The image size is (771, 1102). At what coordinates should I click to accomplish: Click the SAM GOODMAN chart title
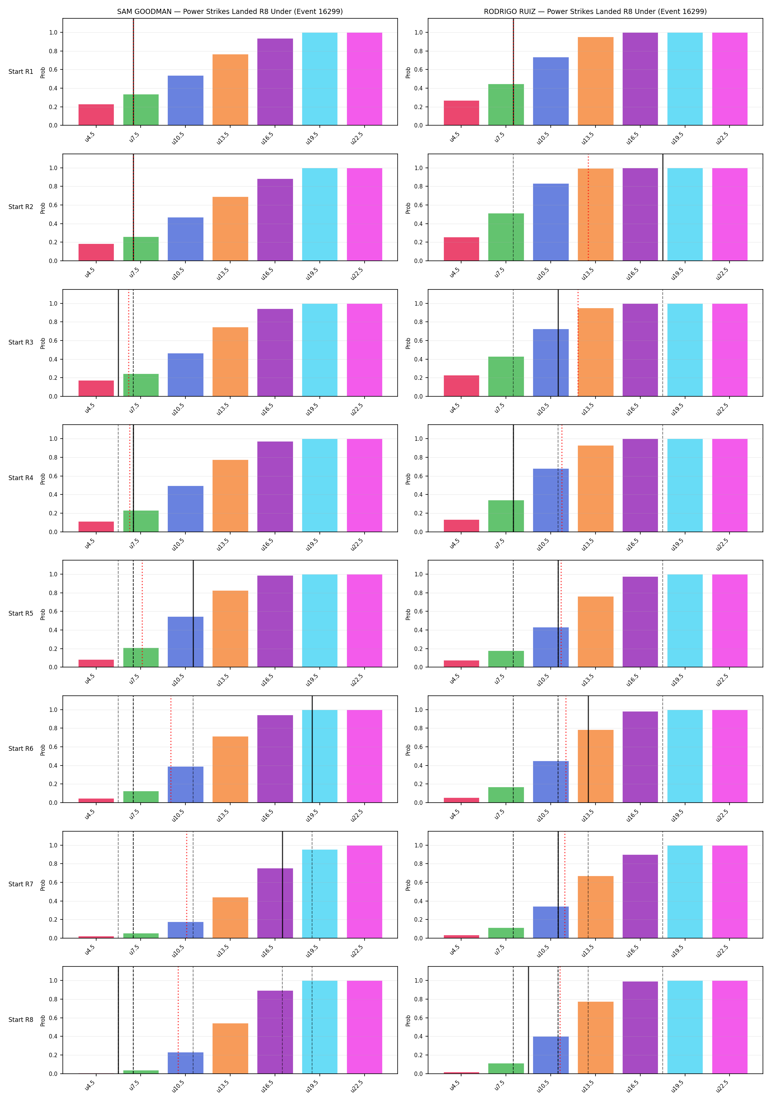coord(230,11)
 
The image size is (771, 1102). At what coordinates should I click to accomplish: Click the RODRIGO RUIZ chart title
coord(595,11)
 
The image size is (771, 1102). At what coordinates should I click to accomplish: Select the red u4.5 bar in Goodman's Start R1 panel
coord(97,115)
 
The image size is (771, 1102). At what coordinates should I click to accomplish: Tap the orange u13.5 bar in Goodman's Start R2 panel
coord(230,229)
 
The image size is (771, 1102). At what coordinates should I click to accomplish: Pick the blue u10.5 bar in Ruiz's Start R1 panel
coord(551,91)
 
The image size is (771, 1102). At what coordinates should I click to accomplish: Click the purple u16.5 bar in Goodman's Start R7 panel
coord(275,903)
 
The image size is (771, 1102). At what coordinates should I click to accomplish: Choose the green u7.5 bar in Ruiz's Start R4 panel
coord(506,516)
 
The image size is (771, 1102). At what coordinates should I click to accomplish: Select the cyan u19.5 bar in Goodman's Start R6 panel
coord(319,756)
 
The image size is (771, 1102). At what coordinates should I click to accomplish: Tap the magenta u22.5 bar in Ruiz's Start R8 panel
coord(730,1027)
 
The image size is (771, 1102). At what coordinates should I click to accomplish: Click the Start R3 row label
coord(21,342)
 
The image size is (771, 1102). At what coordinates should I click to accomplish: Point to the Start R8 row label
coord(21,1019)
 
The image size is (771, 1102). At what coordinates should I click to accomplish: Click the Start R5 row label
coord(21,613)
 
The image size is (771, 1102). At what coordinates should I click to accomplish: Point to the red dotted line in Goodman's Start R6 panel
coord(171,749)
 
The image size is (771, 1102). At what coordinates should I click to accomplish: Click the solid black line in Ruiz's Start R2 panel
coord(663,207)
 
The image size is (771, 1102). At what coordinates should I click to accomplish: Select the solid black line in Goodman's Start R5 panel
coord(193,613)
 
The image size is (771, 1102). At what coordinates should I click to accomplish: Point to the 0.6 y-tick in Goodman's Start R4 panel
coord(53,476)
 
